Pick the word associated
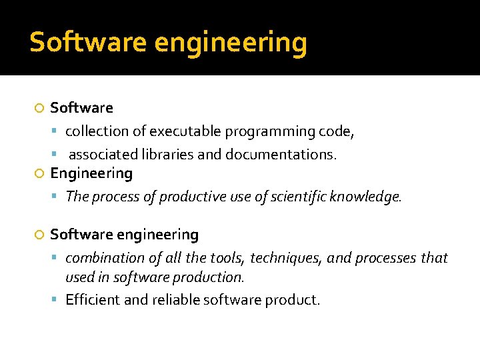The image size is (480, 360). point(103,155)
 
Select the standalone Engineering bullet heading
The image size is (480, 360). point(91,174)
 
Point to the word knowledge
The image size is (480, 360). point(366,197)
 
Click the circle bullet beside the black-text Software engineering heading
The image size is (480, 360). point(39,235)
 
